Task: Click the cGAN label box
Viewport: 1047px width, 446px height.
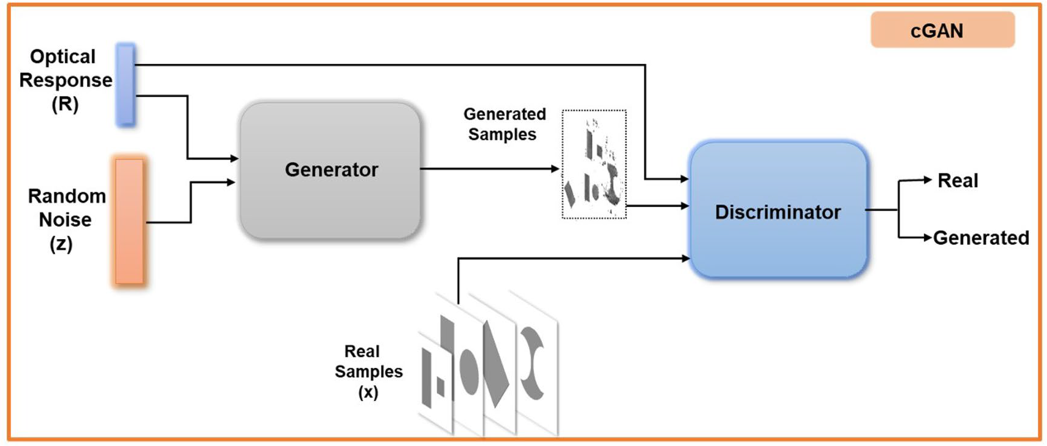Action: pos(942,30)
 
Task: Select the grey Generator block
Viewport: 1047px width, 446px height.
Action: pos(331,170)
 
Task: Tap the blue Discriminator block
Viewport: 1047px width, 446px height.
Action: pos(778,210)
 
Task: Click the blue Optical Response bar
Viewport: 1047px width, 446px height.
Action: pos(125,85)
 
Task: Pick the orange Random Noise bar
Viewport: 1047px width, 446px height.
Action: pos(129,221)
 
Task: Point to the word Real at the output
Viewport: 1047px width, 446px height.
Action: pos(958,181)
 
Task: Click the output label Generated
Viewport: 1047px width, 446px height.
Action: pos(981,237)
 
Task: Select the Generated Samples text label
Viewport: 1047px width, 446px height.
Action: pos(504,124)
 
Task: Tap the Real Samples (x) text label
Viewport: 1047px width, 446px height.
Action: pos(368,371)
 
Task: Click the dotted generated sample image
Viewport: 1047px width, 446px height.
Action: pos(594,164)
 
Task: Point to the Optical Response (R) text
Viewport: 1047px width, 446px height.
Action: pos(65,80)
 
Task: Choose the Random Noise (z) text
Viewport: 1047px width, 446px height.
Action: pos(66,220)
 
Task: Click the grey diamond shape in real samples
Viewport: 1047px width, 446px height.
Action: pos(495,364)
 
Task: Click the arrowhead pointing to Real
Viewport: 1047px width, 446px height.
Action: pos(928,179)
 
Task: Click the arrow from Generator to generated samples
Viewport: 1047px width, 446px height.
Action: pos(489,169)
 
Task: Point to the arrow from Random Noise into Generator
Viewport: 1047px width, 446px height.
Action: pos(191,201)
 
